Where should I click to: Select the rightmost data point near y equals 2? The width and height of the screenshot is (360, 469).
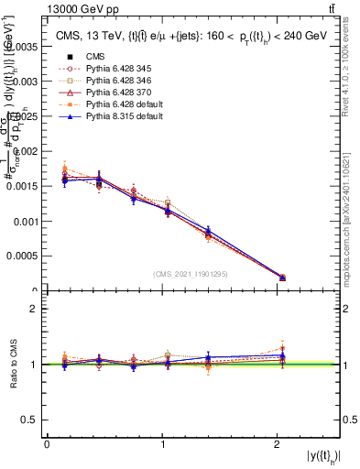pyautogui.click(x=282, y=277)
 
